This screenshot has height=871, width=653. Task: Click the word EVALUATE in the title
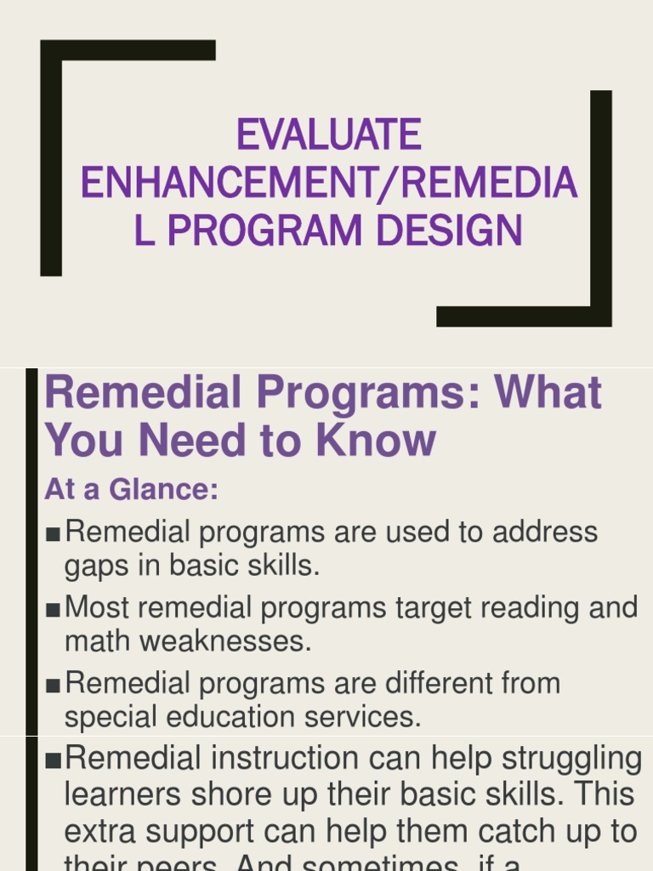[x=328, y=135]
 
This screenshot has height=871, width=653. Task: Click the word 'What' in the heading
[x=548, y=393]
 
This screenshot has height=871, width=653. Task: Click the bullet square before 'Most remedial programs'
[x=54, y=609]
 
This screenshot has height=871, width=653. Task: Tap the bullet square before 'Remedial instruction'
[x=54, y=760]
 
